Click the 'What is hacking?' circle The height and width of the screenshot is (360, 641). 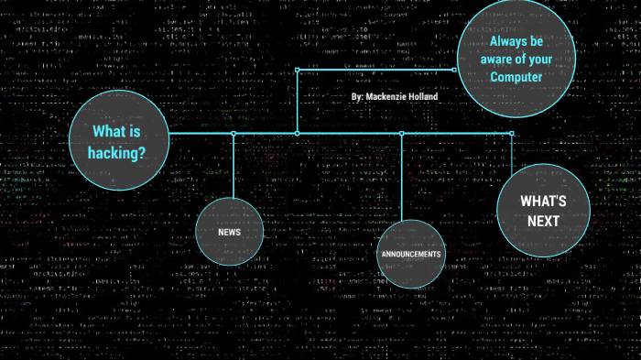pyautogui.click(x=119, y=142)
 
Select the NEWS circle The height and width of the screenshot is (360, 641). pyautogui.click(x=230, y=232)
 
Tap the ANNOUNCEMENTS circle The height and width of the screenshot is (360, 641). pyautogui.click(x=410, y=254)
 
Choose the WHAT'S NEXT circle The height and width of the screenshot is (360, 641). pyautogui.click(x=543, y=210)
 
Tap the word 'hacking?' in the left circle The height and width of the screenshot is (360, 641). pyautogui.click(x=117, y=153)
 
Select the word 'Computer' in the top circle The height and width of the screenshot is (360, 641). pyautogui.click(x=516, y=77)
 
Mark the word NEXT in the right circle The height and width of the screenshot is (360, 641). pyautogui.click(x=543, y=221)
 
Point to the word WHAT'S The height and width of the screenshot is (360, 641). pyautogui.click(x=543, y=201)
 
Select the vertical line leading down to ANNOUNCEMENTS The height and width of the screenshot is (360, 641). pyautogui.click(x=402, y=179)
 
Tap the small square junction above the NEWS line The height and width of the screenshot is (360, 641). pyautogui.click(x=234, y=134)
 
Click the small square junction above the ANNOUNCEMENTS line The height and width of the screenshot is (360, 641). pyautogui.click(x=402, y=134)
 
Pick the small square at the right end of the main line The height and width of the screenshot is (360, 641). pyautogui.click(x=512, y=134)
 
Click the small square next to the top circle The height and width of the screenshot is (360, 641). pyautogui.click(x=454, y=69)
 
